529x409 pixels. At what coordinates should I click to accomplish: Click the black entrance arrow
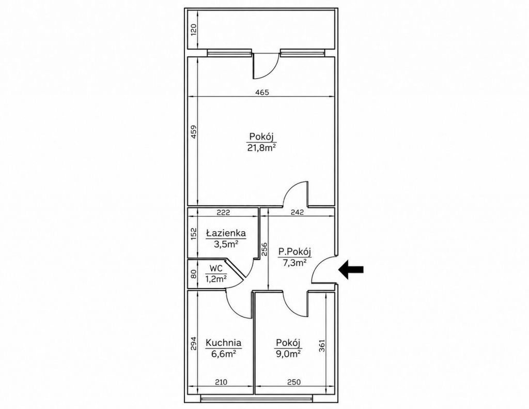[351, 269]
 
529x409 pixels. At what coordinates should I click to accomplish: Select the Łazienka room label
[226, 233]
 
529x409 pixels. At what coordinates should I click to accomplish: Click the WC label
[216, 268]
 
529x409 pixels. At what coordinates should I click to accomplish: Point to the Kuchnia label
[223, 343]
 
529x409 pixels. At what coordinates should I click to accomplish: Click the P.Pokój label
[294, 252]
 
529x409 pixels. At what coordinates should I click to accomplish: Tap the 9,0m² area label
[288, 354]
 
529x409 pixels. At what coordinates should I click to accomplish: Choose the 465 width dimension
[262, 92]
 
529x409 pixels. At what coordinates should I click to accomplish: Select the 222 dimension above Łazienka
[223, 213]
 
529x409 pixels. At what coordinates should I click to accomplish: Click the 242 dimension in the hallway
[297, 213]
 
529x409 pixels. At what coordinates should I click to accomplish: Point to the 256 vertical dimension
[264, 249]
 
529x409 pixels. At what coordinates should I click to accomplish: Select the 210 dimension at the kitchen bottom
[221, 382]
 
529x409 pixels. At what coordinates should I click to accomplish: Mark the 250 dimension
[294, 382]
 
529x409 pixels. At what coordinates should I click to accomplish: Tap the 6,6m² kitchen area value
[223, 354]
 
